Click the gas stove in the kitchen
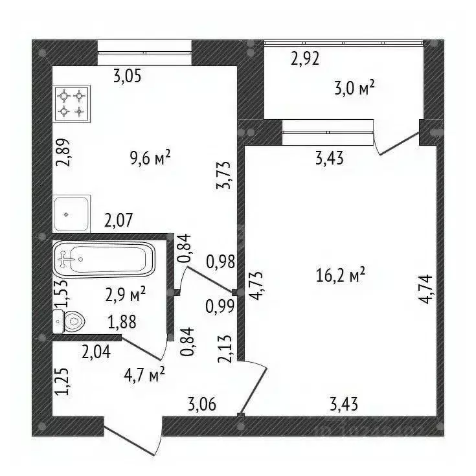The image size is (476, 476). pyautogui.click(x=72, y=104)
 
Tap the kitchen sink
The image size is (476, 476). pyautogui.click(x=72, y=214)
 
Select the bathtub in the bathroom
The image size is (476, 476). pyautogui.click(x=104, y=259)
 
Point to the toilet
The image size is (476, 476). pyautogui.click(x=69, y=321)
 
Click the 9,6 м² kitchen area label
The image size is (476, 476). pyautogui.click(x=150, y=159)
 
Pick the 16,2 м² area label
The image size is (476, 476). pyautogui.click(x=340, y=275)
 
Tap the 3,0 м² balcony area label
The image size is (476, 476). pyautogui.click(x=354, y=88)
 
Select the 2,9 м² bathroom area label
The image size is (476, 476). pyautogui.click(x=126, y=295)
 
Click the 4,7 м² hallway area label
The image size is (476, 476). pyautogui.click(x=144, y=375)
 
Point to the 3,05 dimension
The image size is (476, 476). pyautogui.click(x=128, y=76)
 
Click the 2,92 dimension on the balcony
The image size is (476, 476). pyautogui.click(x=305, y=58)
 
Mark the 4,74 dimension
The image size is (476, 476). pyautogui.click(x=425, y=289)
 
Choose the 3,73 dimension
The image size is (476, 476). pyautogui.click(x=223, y=176)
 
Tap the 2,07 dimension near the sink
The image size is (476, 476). pyautogui.click(x=119, y=220)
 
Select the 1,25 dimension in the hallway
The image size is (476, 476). pyautogui.click(x=62, y=381)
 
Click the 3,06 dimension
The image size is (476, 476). pyautogui.click(x=202, y=405)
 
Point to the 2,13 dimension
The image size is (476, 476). pyautogui.click(x=225, y=349)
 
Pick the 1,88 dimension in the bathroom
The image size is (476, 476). pyautogui.click(x=122, y=322)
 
